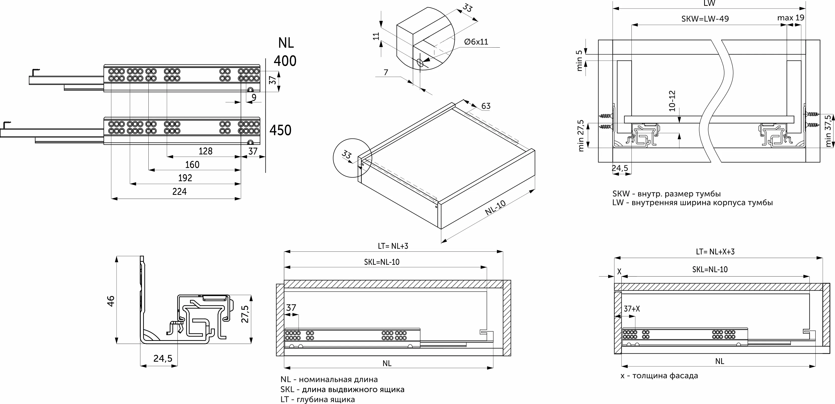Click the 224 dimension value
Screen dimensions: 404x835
(179, 191)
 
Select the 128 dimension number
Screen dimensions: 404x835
(206, 151)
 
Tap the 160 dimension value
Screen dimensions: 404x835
(192, 165)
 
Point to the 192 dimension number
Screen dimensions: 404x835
(185, 178)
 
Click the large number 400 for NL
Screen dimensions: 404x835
(285, 61)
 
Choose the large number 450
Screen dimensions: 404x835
(281, 130)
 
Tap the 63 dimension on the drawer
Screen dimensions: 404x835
(486, 106)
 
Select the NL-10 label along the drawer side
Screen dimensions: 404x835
(495, 208)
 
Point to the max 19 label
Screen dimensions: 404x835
(791, 18)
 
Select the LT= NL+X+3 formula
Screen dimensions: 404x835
(715, 252)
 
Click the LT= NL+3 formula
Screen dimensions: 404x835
(393, 246)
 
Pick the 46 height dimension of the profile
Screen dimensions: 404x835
(111, 301)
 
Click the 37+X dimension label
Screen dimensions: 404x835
(632, 309)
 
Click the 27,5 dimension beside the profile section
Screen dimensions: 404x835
(245, 314)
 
